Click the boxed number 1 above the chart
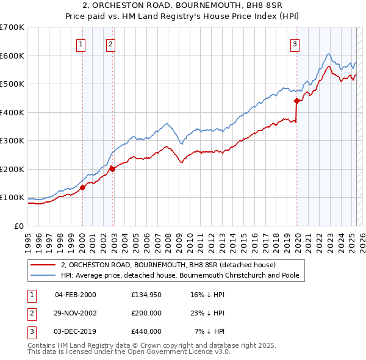pos(81,43)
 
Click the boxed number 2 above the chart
pos(110,43)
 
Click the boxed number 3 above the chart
pos(295,43)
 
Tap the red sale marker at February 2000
pos(82,187)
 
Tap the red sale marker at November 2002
pos(113,169)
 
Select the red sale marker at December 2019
pos(296,101)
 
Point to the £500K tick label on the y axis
pos(12,84)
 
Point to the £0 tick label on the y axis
pos(19,226)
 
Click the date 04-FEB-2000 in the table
pos(76,295)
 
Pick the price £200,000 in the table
pos(146,313)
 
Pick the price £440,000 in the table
pos(146,331)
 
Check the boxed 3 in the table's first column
pos(31,331)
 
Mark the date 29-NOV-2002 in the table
pos(76,313)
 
